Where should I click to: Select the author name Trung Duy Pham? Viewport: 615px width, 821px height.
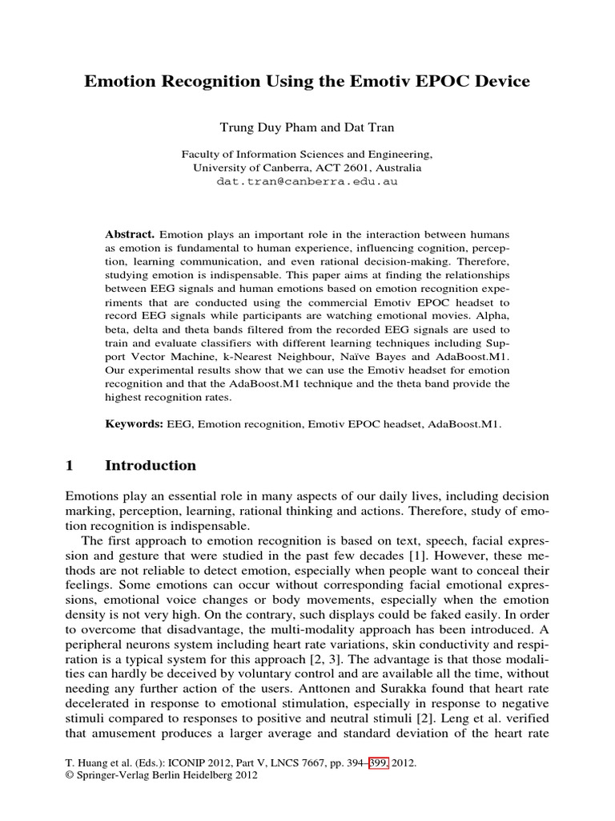251,128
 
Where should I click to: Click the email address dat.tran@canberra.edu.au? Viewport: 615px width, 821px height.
307,181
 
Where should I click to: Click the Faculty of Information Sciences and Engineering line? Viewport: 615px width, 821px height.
307,154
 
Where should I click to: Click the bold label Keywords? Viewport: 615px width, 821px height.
135,422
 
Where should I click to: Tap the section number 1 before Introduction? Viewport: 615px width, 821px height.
69,466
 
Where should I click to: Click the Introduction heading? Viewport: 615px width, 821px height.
151,466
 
